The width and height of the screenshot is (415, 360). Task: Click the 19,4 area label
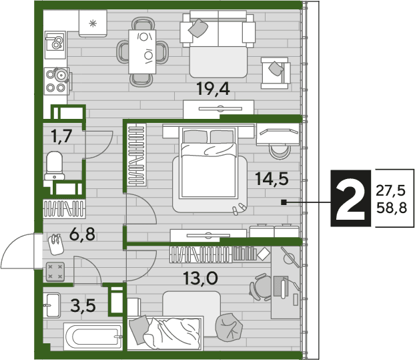click(213, 89)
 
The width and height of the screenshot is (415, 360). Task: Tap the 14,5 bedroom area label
click(272, 178)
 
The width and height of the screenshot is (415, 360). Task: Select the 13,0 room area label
click(201, 278)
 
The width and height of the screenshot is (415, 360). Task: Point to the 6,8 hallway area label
click(82, 234)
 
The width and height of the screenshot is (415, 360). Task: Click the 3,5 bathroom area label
click(83, 306)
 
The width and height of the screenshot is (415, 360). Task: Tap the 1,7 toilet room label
click(61, 136)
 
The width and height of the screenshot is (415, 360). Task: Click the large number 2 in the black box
click(350, 198)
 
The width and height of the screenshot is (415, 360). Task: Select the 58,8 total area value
click(392, 208)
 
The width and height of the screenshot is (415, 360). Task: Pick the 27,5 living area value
click(391, 190)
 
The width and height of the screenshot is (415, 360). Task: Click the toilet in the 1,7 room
click(54, 166)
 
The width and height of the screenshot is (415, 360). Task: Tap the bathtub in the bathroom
click(93, 337)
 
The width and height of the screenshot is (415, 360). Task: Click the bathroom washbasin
click(51, 305)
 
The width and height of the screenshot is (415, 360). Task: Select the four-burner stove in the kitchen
click(56, 81)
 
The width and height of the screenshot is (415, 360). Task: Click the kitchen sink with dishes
click(55, 45)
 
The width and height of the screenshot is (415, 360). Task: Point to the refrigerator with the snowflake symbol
click(93, 23)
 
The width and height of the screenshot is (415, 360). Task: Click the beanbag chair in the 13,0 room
click(229, 327)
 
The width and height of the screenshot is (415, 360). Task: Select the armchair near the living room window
click(276, 73)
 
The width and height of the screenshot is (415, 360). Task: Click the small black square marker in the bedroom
click(284, 202)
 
